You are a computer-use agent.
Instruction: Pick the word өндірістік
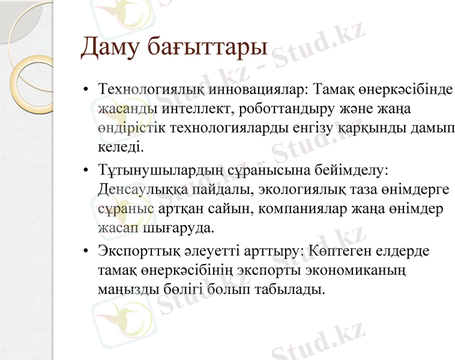click(x=130, y=128)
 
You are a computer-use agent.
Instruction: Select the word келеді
click(x=120, y=146)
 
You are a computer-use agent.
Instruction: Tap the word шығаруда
click(x=179, y=228)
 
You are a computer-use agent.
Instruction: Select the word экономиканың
click(x=349, y=270)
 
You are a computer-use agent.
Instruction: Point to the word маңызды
click(x=124, y=289)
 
